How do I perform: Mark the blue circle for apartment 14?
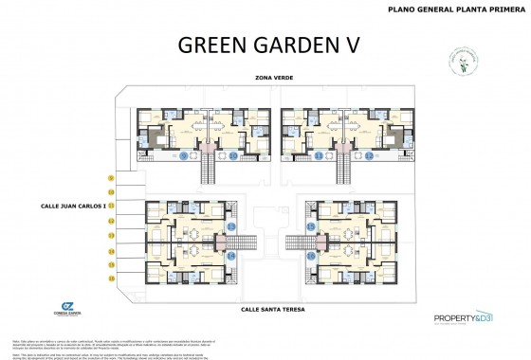coord(232,256)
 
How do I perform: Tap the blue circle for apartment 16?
coord(311,256)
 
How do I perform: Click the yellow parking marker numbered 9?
coord(111,177)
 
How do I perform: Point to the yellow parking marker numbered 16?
coord(111,279)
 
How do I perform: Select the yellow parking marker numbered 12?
coord(111,221)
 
